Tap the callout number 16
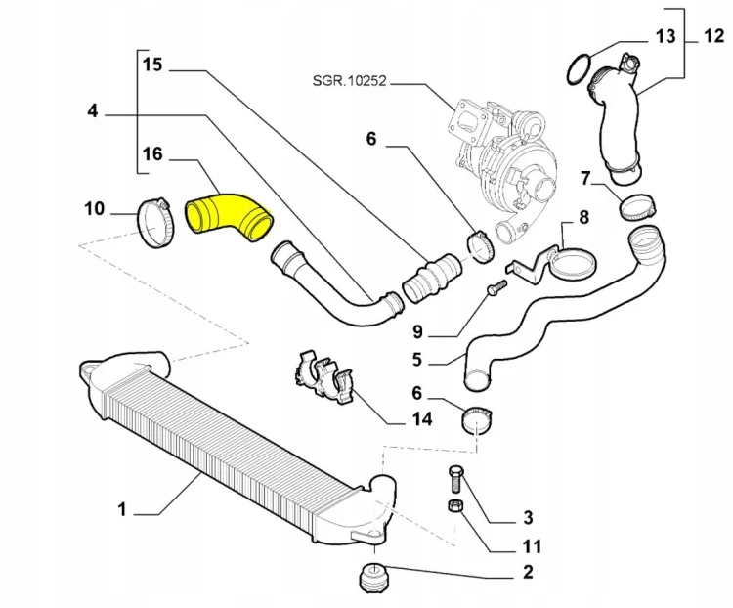(152, 153)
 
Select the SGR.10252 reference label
(350, 81)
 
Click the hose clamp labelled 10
(156, 222)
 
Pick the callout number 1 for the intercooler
(122, 509)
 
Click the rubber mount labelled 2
(374, 579)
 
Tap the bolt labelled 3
(455, 479)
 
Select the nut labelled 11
(454, 506)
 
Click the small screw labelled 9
(496, 286)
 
